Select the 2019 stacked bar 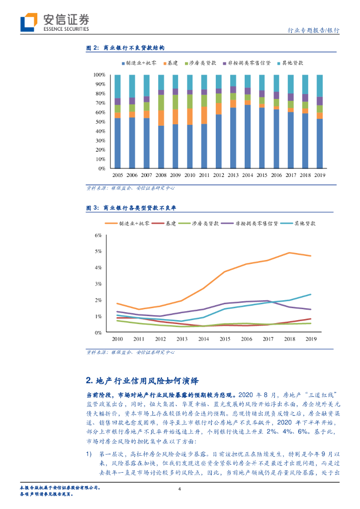[x=320, y=122]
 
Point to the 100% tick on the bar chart [x=99, y=75]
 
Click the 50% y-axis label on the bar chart [x=100, y=122]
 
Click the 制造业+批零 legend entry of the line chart [x=132, y=223]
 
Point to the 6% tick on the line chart [x=98, y=236]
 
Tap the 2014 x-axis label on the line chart [x=204, y=339]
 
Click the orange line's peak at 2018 [x=289, y=253]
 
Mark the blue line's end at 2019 [x=311, y=294]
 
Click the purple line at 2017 [x=268, y=301]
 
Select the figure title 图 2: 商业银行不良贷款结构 [x=125, y=48]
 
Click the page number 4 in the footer [x=180, y=489]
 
